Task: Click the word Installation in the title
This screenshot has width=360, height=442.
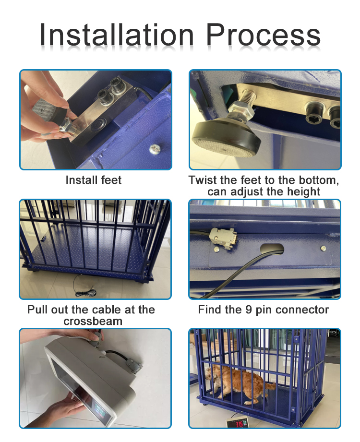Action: [117, 35]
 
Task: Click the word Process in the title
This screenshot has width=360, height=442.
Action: [264, 35]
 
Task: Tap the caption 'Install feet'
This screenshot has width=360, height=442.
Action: [94, 180]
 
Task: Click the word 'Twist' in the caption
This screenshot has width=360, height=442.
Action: [202, 180]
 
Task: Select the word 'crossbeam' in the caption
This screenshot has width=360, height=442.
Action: [93, 321]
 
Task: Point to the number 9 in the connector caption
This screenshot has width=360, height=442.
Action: [249, 310]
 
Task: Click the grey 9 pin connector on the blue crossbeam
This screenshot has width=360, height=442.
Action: [222, 238]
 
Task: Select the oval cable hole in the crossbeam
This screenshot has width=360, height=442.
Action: [272, 249]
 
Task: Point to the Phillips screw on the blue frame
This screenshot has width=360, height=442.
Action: [155, 149]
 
